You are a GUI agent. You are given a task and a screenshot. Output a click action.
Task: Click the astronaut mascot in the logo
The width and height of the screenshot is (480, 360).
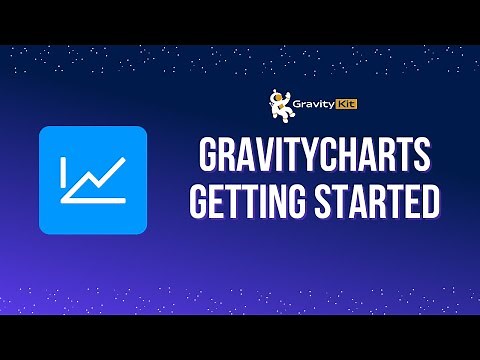[x=280, y=101]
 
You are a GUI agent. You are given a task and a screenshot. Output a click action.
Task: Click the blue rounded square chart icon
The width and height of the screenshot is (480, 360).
[x=92, y=180]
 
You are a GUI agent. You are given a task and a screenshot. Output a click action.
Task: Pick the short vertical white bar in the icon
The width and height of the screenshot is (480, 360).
[x=63, y=174]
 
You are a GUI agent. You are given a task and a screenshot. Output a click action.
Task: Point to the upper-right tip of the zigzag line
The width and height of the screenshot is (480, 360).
[x=123, y=161]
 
